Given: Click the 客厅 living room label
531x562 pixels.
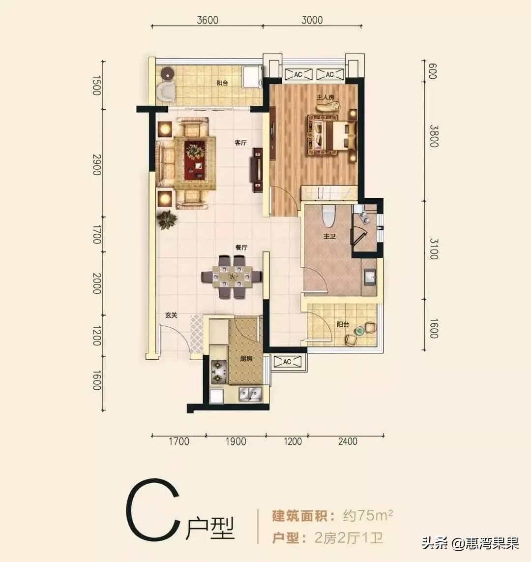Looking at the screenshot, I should point(240,143).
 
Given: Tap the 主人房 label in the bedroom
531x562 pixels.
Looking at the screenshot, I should point(325,97).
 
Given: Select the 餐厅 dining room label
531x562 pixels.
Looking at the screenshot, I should point(240,248).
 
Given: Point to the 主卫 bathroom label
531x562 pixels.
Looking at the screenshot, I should point(329,237).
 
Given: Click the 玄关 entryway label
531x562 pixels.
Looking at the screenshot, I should point(171,315).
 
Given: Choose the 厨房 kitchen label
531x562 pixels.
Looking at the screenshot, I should point(246,359).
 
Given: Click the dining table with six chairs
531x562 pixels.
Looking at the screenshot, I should point(232,277).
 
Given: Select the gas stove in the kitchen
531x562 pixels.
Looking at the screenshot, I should point(217,372).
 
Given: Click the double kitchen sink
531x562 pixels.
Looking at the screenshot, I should point(250,393).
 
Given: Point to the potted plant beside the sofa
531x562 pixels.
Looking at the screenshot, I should point(167,219).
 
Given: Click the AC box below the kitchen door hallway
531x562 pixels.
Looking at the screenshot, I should point(287,362).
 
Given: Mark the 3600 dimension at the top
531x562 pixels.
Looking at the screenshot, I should point(207,20).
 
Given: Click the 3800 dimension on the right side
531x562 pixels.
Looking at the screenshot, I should point(433,136).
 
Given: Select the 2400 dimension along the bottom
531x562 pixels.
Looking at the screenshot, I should point(347,441).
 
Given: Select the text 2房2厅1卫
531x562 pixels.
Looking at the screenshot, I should point(348,537).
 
